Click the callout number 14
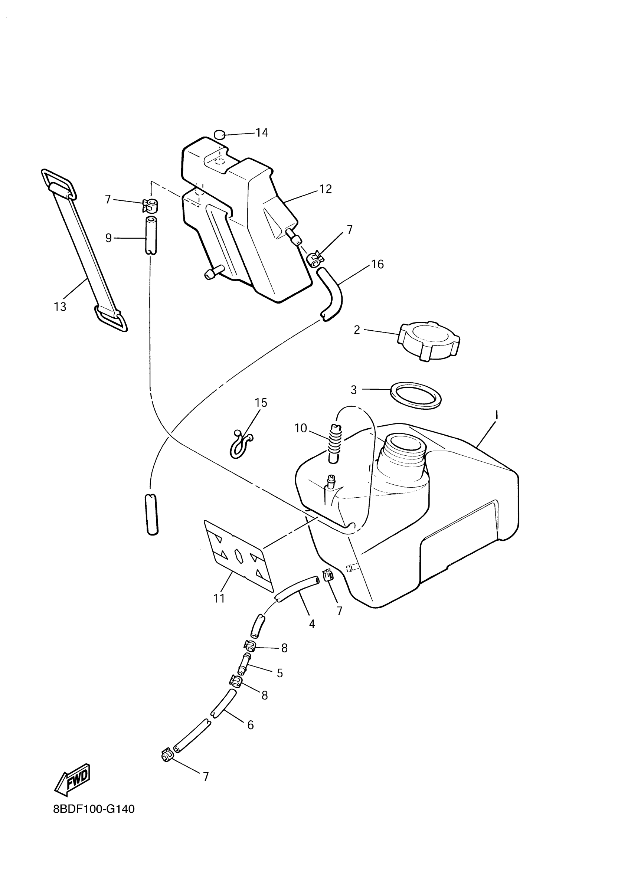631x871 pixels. coord(262,133)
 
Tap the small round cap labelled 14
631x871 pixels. coord(220,134)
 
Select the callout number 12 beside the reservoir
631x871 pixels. coord(325,189)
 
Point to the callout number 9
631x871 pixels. coord(109,238)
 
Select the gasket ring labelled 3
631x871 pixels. coord(416,395)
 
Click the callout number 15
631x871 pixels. coord(261,403)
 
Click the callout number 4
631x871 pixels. coord(312,624)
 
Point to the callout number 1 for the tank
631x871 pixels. coord(496,415)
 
